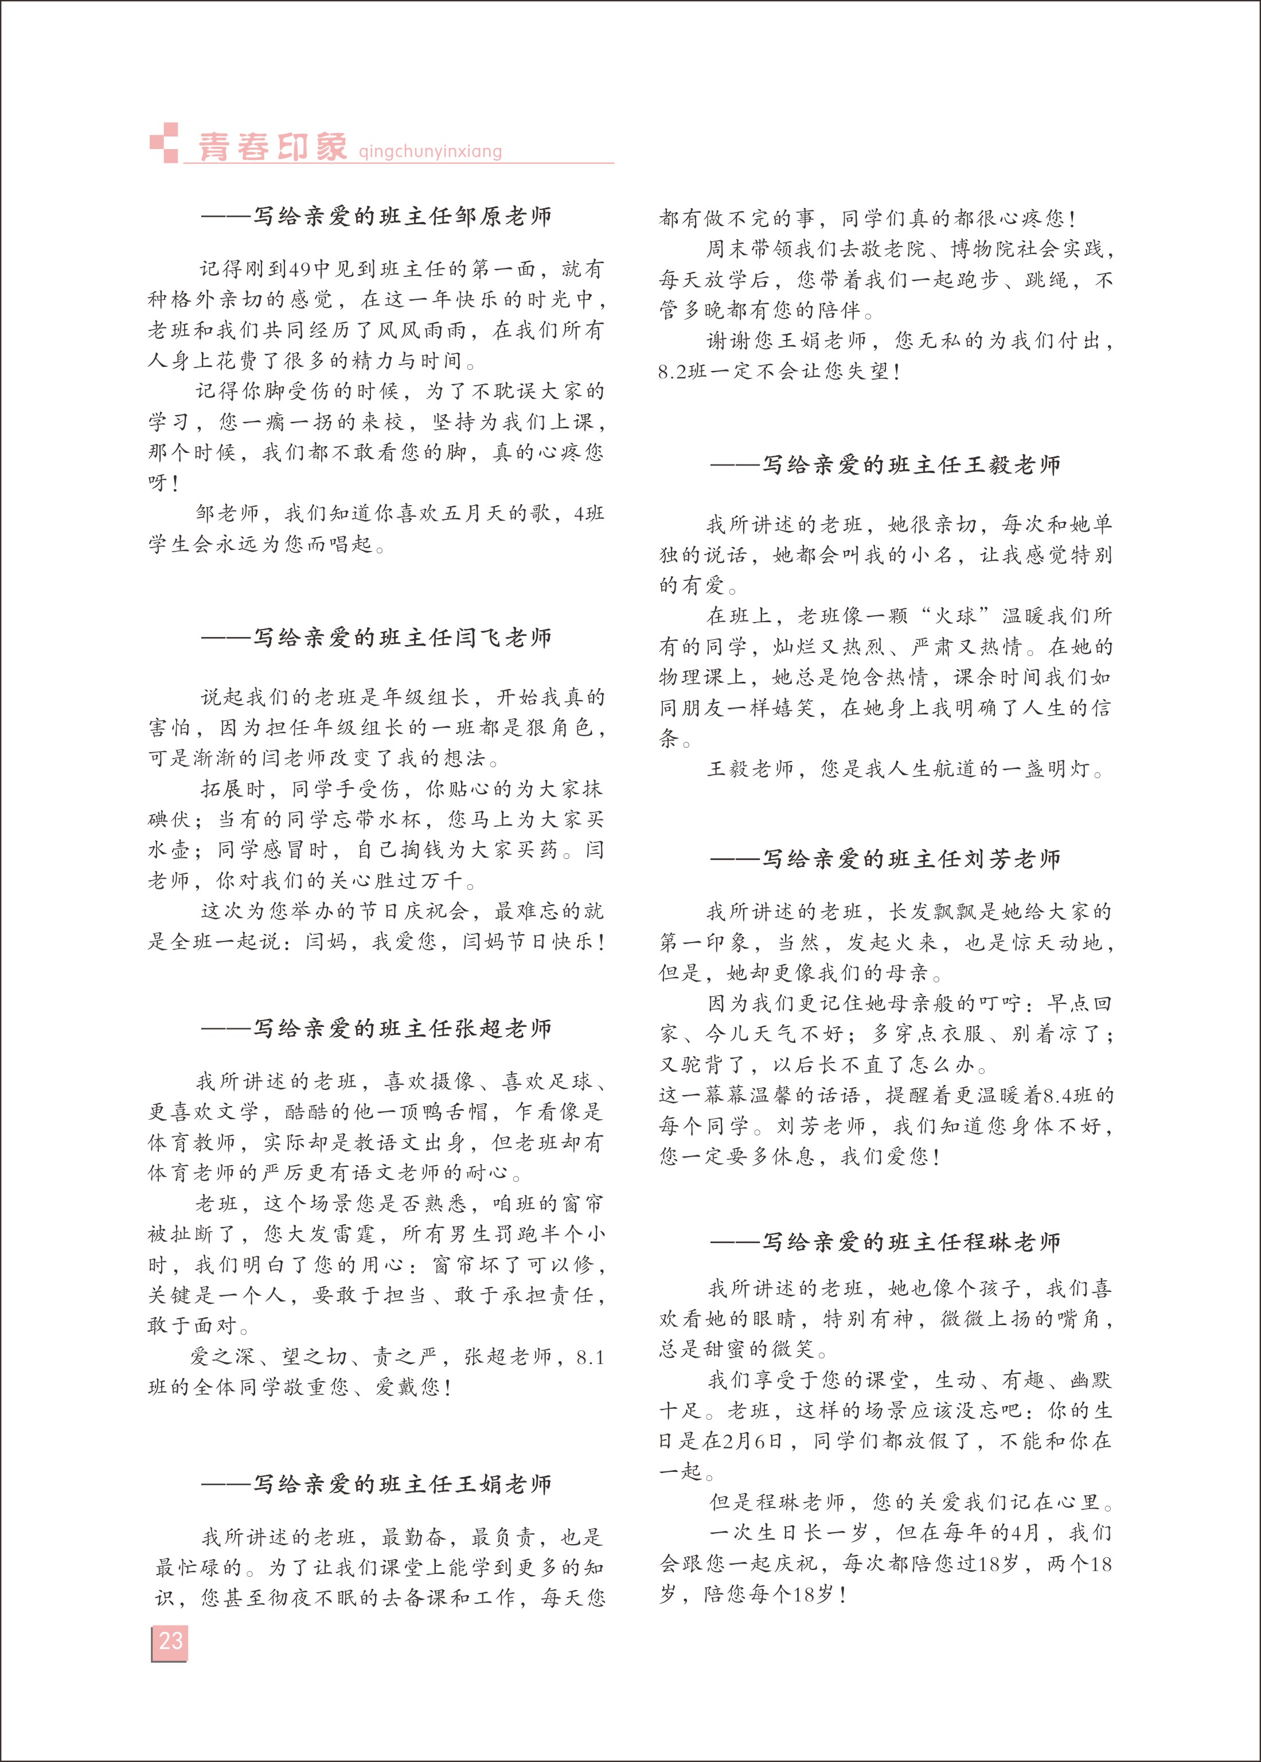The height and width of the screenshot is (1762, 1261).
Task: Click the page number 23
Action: click(170, 1641)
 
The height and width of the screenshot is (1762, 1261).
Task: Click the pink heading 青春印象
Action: click(272, 147)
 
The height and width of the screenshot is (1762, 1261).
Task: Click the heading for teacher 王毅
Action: click(885, 466)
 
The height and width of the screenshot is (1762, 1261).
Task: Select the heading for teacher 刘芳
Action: click(885, 859)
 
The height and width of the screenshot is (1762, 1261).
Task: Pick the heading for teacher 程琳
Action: click(885, 1243)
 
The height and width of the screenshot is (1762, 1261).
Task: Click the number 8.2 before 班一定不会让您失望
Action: click(673, 372)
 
